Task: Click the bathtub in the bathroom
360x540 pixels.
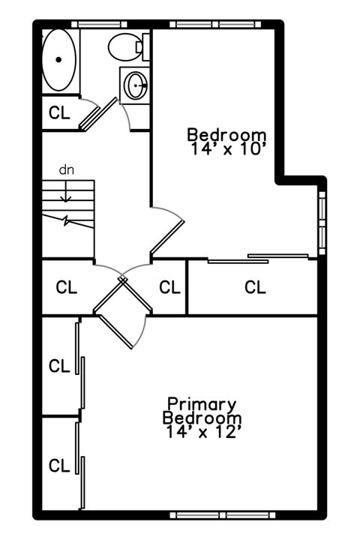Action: (58, 60)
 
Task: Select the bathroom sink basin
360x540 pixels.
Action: (136, 85)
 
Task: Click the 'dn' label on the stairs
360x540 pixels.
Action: (67, 169)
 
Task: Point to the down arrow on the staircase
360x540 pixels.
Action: (67, 193)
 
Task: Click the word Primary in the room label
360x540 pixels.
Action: (202, 403)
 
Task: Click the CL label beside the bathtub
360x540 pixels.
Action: (59, 113)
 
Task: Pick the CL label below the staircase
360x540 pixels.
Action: (67, 286)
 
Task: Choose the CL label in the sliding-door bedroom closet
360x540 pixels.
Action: (255, 286)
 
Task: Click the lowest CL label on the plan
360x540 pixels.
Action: (59, 465)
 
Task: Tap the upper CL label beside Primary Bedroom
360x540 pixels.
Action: (59, 366)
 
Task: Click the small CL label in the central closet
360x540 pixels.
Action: (170, 286)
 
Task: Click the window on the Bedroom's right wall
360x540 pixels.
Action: (322, 223)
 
